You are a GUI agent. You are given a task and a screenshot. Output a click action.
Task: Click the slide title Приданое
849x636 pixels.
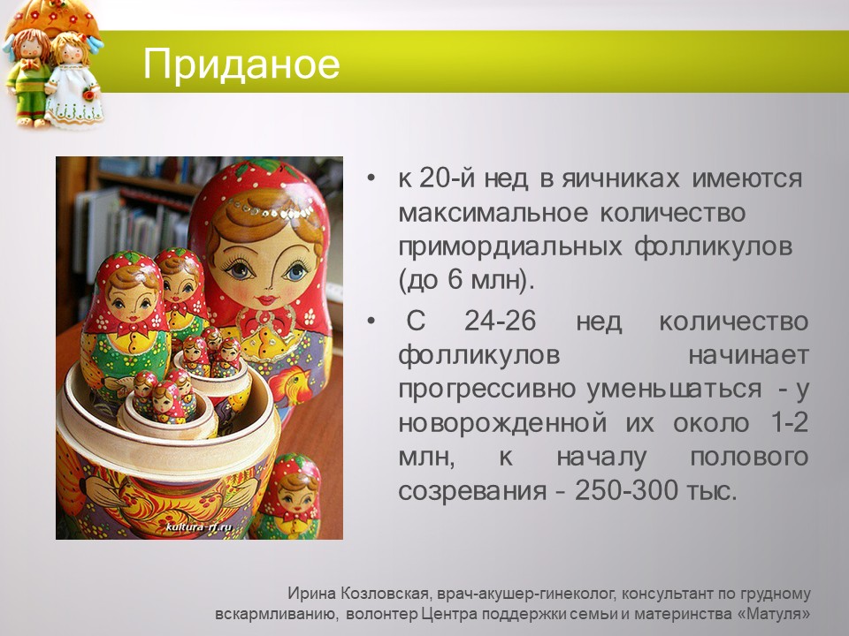[241, 64]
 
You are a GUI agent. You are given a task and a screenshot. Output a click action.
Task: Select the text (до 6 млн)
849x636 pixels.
[467, 282]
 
